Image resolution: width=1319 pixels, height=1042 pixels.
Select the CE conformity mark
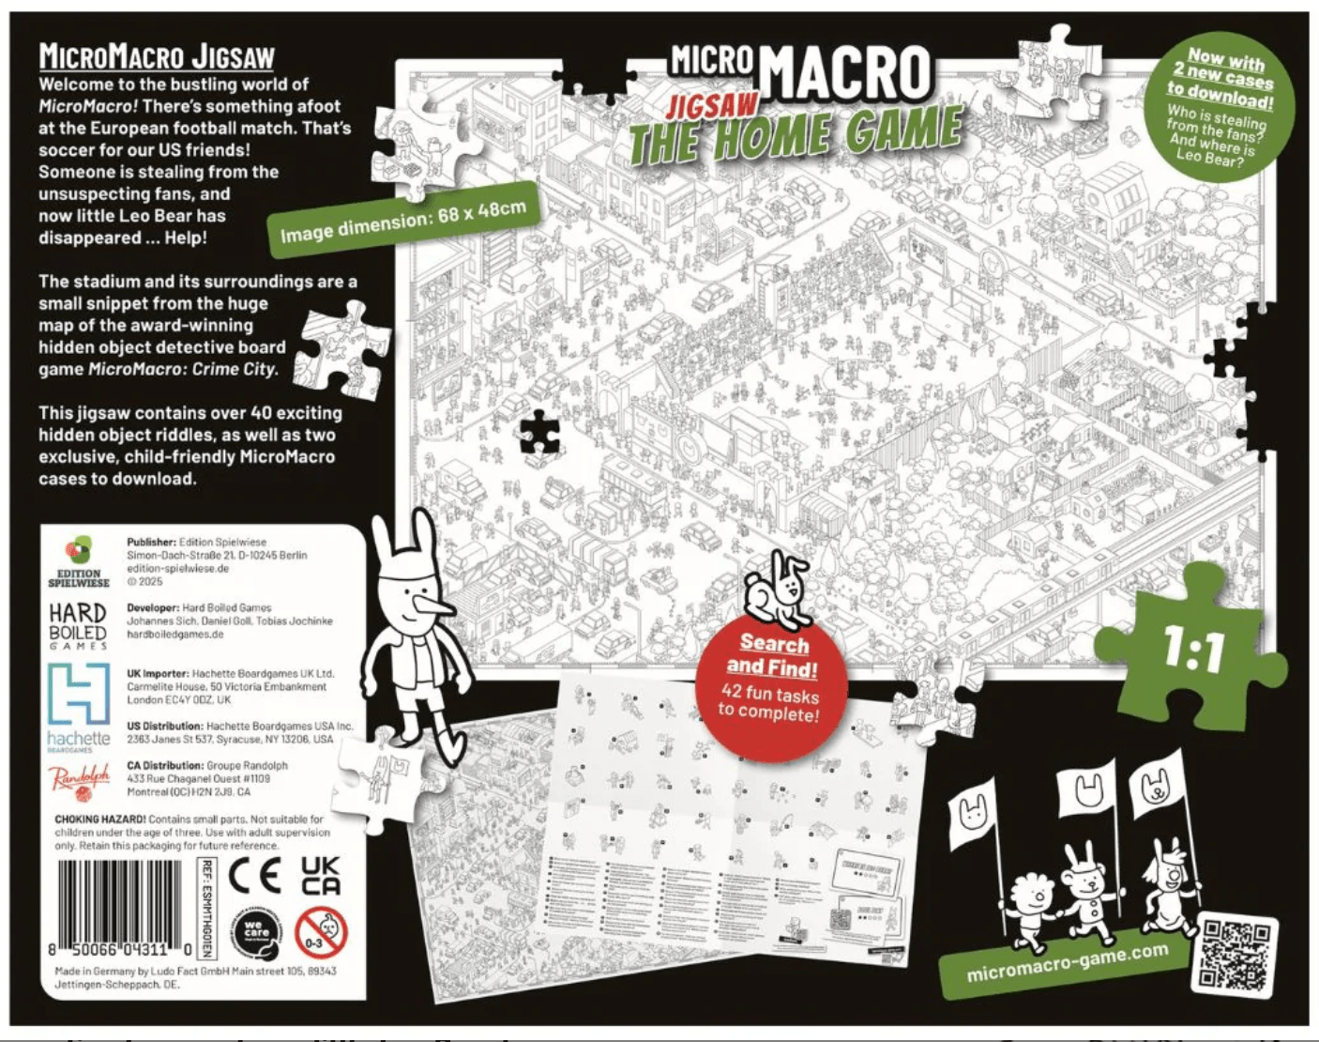pyautogui.click(x=254, y=875)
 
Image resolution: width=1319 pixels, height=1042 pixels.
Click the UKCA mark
pyautogui.click(x=320, y=875)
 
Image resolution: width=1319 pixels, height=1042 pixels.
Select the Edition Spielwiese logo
pyautogui.click(x=79, y=561)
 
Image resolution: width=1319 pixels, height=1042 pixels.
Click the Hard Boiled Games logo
pyautogui.click(x=79, y=625)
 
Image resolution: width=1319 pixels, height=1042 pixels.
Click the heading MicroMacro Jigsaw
pyautogui.click(x=157, y=56)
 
